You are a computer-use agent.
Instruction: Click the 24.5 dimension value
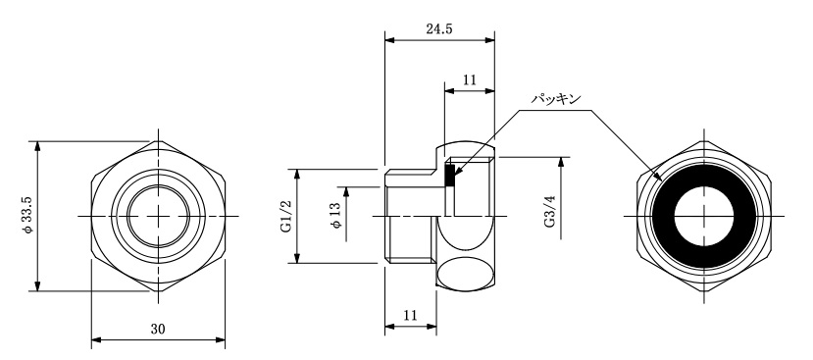439,28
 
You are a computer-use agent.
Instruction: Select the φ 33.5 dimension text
27,215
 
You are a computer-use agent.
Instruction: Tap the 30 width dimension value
158,329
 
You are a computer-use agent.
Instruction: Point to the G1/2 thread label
286,216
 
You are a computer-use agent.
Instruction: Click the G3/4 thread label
549,211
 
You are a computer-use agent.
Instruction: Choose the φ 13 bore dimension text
335,215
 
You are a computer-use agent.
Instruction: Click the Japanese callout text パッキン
556,98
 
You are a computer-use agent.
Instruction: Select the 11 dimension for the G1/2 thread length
410,316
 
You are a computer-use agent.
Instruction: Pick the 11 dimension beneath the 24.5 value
469,79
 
